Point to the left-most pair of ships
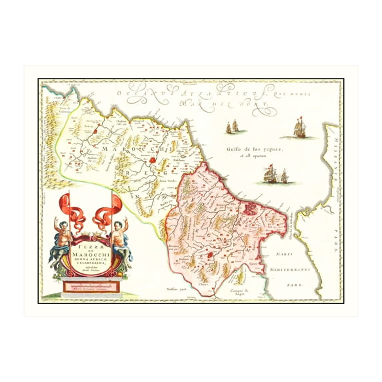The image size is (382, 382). tap(233, 126)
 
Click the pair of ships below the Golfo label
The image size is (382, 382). tap(275, 175)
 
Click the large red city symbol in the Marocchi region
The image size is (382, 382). tap(155, 161)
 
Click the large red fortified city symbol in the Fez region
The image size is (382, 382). tap(249, 208)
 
